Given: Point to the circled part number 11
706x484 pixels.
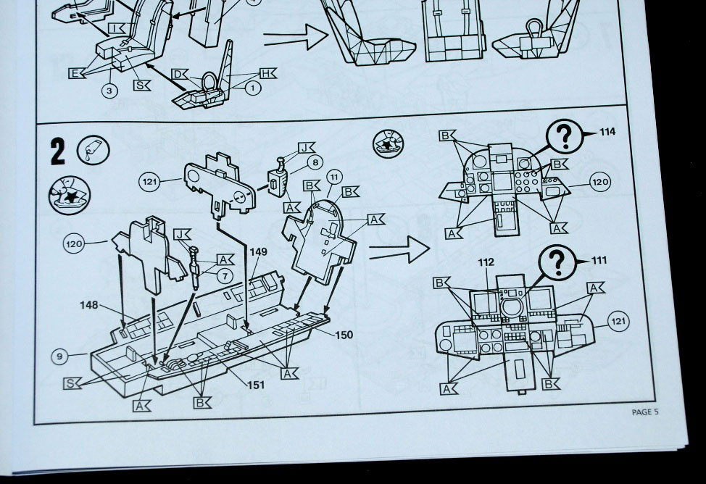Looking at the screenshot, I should [x=334, y=177].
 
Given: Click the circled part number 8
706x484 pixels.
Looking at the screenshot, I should [x=315, y=163].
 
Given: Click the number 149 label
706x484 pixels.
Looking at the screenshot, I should [x=259, y=253].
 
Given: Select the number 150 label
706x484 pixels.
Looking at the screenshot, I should [x=344, y=335].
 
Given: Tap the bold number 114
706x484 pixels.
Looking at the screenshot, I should [x=607, y=131].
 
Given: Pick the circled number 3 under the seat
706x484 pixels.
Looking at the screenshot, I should [x=109, y=91].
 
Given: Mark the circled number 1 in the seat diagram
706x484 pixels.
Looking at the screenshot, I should [x=252, y=88].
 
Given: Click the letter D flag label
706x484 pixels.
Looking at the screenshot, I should [x=178, y=74].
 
